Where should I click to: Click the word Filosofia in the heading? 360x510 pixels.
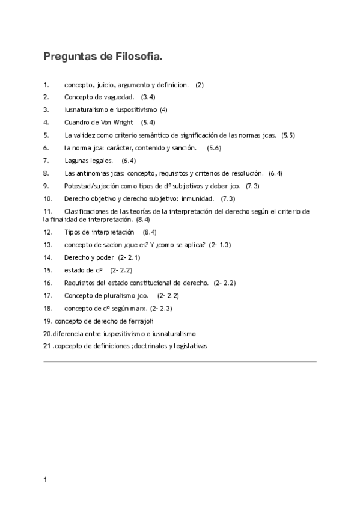[x=135, y=57]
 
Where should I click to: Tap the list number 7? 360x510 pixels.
[x=46, y=161]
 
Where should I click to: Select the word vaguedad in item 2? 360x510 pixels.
[x=120, y=97]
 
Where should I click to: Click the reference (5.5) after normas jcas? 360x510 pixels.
[x=288, y=135]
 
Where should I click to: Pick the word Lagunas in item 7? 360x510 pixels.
[x=76, y=161]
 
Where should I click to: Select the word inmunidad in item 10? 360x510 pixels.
[x=197, y=198]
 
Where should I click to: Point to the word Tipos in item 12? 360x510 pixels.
[x=73, y=232]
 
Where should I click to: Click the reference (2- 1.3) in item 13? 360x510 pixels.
[x=220, y=245]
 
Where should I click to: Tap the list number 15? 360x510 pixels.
[x=47, y=270]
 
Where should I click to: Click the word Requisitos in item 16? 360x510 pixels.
[x=81, y=283]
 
